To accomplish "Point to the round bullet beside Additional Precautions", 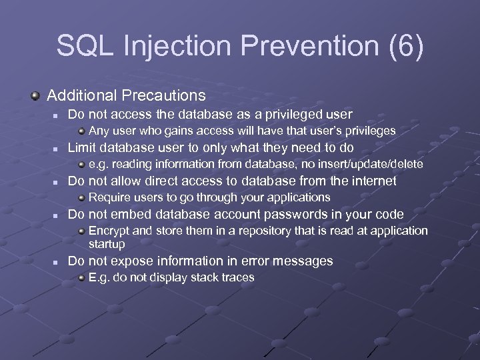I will point(36,96).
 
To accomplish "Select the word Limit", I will point(82,147).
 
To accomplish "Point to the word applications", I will point(297,197).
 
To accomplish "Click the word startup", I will point(107,244).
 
